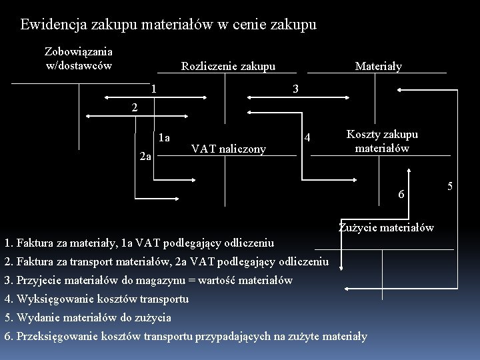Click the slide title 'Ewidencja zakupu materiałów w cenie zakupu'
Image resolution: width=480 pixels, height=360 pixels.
[168, 25]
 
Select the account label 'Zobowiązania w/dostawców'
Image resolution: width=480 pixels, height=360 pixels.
[79, 58]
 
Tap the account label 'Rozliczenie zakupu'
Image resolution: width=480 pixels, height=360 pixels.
[228, 66]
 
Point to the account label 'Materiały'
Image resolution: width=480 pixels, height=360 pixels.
[379, 66]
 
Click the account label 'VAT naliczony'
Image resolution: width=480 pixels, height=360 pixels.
[228, 149]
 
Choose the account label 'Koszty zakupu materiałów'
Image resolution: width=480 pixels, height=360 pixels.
[382, 141]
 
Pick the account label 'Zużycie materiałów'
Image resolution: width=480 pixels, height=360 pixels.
[386, 227]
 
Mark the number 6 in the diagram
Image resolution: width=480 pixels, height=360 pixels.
[401, 194]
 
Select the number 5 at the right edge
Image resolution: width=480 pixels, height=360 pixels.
[450, 185]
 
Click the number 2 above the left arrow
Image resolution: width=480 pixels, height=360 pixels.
[134, 107]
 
